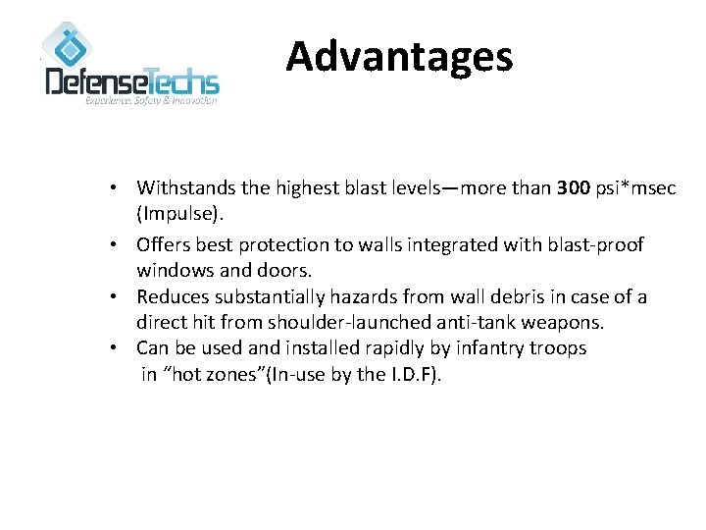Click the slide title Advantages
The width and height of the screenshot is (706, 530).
(399, 57)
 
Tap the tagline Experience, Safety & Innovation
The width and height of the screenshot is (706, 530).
(151, 101)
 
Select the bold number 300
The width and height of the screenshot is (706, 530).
(573, 187)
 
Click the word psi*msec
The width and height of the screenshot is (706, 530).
(635, 187)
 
